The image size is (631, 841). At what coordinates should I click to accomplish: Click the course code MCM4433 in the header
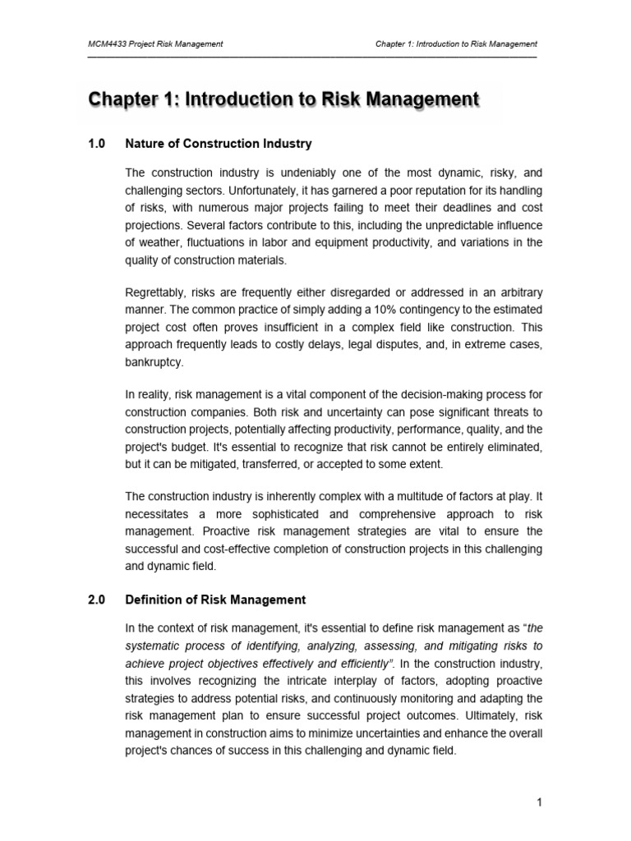pyautogui.click(x=108, y=44)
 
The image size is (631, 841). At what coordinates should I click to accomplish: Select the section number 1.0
pyautogui.click(x=97, y=144)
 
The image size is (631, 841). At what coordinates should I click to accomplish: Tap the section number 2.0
pyautogui.click(x=97, y=600)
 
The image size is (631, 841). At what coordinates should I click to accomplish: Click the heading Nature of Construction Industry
pyautogui.click(x=218, y=144)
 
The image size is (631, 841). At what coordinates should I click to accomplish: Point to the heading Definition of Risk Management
pyautogui.click(x=215, y=600)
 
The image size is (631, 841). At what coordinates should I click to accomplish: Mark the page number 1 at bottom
pyautogui.click(x=540, y=803)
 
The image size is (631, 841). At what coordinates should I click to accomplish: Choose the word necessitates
pyautogui.click(x=160, y=513)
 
